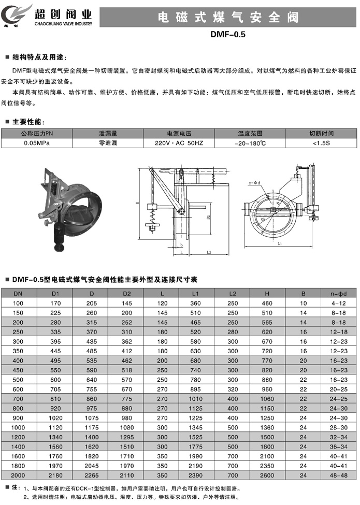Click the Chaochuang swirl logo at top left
(x=16, y=15)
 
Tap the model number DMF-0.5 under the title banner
(x=228, y=35)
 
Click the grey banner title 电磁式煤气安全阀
(x=228, y=18)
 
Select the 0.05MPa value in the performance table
(x=37, y=143)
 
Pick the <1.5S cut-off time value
(x=321, y=143)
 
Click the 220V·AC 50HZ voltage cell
(x=179, y=143)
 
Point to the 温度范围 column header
(x=250, y=133)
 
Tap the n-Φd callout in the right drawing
(x=254, y=183)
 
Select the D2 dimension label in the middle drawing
(x=208, y=217)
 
